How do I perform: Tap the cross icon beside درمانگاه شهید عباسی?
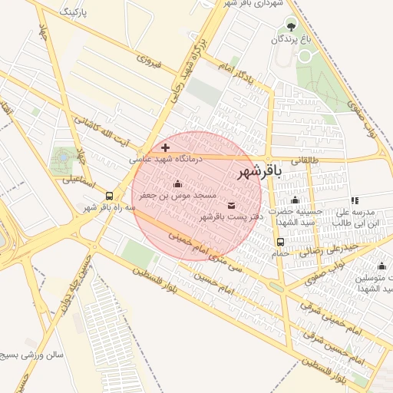click(165, 147)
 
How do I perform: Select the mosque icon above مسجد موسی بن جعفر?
click(178, 184)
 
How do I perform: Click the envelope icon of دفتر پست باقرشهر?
click(232, 206)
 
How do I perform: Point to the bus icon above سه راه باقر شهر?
click(110, 196)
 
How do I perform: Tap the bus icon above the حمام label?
click(279, 242)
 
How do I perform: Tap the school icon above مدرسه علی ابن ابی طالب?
click(355, 200)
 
